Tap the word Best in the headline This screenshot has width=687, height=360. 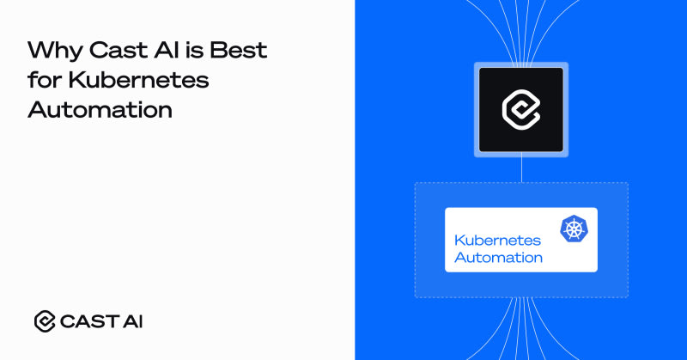[239, 50]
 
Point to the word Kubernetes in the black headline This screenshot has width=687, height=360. [138, 79]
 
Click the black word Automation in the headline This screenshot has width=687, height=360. [100, 109]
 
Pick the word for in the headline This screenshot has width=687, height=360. [45, 79]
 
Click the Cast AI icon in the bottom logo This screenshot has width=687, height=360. [45, 321]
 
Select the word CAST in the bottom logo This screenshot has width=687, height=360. [89, 321]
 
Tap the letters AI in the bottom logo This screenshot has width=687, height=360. [133, 321]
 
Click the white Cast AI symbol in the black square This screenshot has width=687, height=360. [521, 110]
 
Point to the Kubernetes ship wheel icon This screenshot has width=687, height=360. [574, 229]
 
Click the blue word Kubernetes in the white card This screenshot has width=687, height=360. [498, 241]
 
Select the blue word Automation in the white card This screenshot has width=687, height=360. [499, 258]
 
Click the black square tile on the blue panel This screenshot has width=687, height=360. [521, 110]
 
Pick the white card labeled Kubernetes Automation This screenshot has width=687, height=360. [521, 240]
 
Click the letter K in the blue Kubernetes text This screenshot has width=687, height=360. [459, 241]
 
